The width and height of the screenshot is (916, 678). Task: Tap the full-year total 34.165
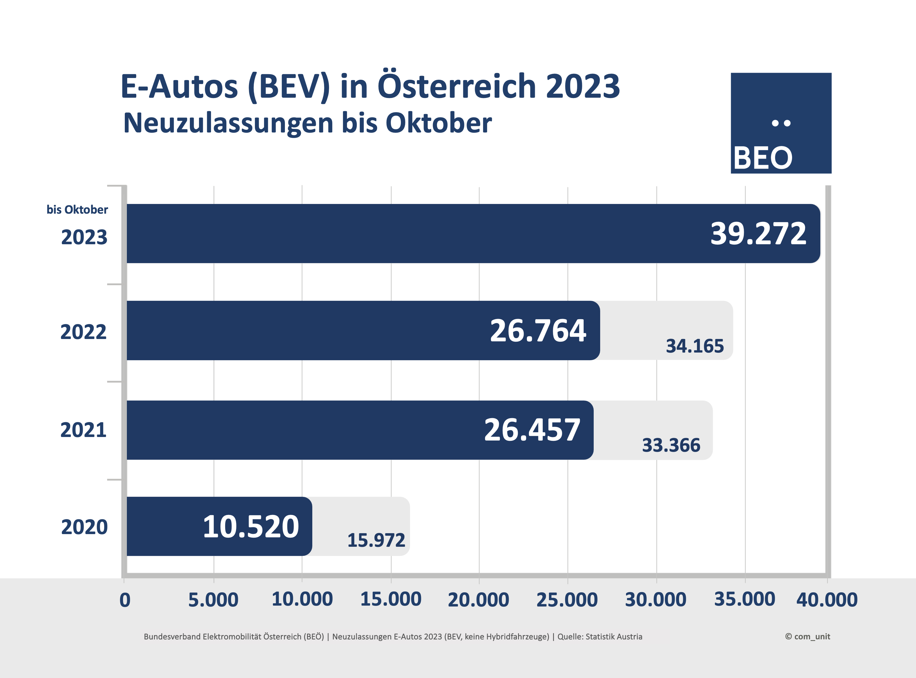click(694, 346)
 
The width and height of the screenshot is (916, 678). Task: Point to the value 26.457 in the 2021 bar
click(532, 430)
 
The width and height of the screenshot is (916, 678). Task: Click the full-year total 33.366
click(671, 445)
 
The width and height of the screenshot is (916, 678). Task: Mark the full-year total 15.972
click(376, 540)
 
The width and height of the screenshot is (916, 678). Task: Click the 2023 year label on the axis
click(84, 237)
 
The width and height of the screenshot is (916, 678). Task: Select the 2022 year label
click(83, 332)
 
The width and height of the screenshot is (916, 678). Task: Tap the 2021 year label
click(83, 430)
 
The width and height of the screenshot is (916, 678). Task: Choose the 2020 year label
click(84, 527)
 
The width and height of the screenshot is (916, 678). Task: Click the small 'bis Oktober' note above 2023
click(77, 210)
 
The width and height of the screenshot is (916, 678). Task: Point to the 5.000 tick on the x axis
click(213, 600)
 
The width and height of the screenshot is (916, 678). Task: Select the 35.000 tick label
click(744, 599)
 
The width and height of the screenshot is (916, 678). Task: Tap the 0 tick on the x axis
click(125, 600)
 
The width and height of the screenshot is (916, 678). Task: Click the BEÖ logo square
click(781, 123)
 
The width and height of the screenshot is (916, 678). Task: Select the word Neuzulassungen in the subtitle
click(228, 123)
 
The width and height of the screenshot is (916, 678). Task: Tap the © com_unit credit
click(807, 637)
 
